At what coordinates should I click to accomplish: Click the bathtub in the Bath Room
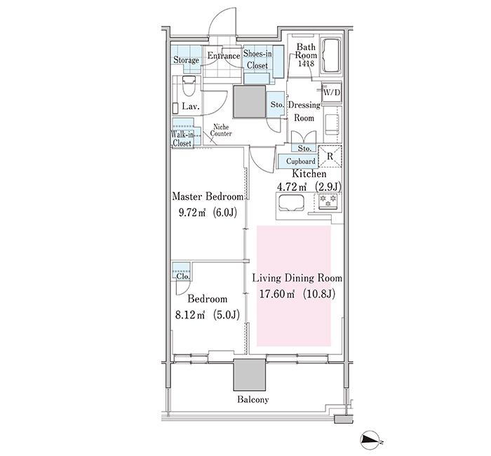(331, 55)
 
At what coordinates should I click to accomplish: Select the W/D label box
(332, 93)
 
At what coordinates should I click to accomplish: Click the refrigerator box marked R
(330, 156)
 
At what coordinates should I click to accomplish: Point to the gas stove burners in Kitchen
(328, 201)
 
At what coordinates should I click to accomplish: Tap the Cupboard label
(301, 161)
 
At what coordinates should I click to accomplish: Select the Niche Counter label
(221, 130)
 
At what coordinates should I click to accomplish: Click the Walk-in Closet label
(182, 139)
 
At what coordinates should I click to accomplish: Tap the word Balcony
(253, 400)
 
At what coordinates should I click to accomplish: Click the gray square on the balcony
(250, 375)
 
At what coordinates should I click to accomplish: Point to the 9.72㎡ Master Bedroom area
(191, 213)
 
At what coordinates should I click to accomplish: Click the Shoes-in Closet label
(257, 60)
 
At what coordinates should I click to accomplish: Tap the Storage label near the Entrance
(187, 60)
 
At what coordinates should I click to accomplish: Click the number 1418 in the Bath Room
(307, 64)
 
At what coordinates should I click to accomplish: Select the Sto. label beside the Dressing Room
(277, 105)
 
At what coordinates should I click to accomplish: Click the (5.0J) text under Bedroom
(227, 314)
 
